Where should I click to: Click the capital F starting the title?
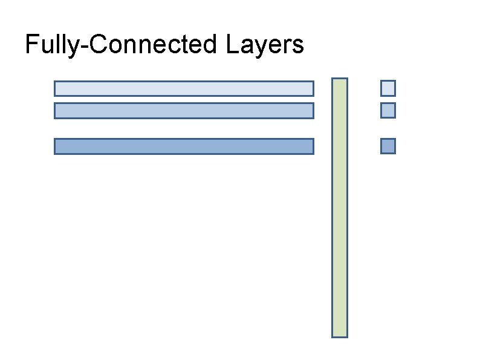pos(31,44)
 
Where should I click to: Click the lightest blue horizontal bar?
pos(184,88)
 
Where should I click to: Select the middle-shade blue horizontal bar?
pos(184,111)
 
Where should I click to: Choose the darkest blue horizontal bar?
pos(184,146)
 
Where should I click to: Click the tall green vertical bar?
pos(340,208)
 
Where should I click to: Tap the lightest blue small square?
pos(388,88)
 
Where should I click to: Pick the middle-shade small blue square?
pos(388,111)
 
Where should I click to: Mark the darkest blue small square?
pos(388,146)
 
